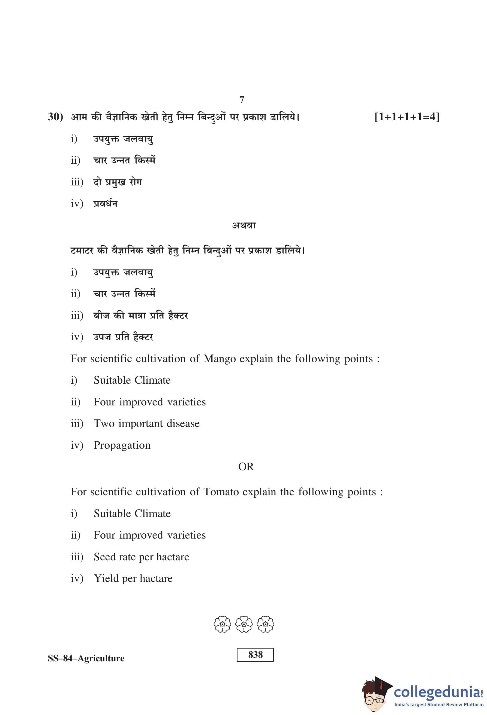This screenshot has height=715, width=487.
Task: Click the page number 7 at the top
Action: tap(242, 100)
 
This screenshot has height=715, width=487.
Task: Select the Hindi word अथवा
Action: tap(244, 225)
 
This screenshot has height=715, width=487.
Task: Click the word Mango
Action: tap(219, 359)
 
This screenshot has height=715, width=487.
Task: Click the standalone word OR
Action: tap(246, 467)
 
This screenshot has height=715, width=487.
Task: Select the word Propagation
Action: tap(122, 445)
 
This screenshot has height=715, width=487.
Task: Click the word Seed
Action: tap(104, 557)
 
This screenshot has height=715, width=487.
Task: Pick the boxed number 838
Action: tap(255, 655)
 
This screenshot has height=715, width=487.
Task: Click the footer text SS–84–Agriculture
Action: tap(86, 658)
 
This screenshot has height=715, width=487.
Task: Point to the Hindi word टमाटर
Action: tap(82, 250)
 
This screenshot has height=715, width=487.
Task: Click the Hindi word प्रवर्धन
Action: tap(105, 203)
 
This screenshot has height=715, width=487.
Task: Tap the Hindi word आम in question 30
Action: tap(79, 117)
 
